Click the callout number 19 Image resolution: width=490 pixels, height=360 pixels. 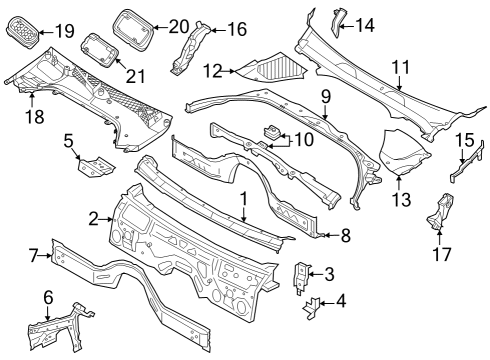[65, 30]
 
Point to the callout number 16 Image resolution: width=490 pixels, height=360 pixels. [236, 29]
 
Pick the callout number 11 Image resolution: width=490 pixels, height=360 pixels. [400, 67]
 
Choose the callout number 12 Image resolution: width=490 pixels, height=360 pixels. [211, 71]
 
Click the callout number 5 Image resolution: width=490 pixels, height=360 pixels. [70, 142]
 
